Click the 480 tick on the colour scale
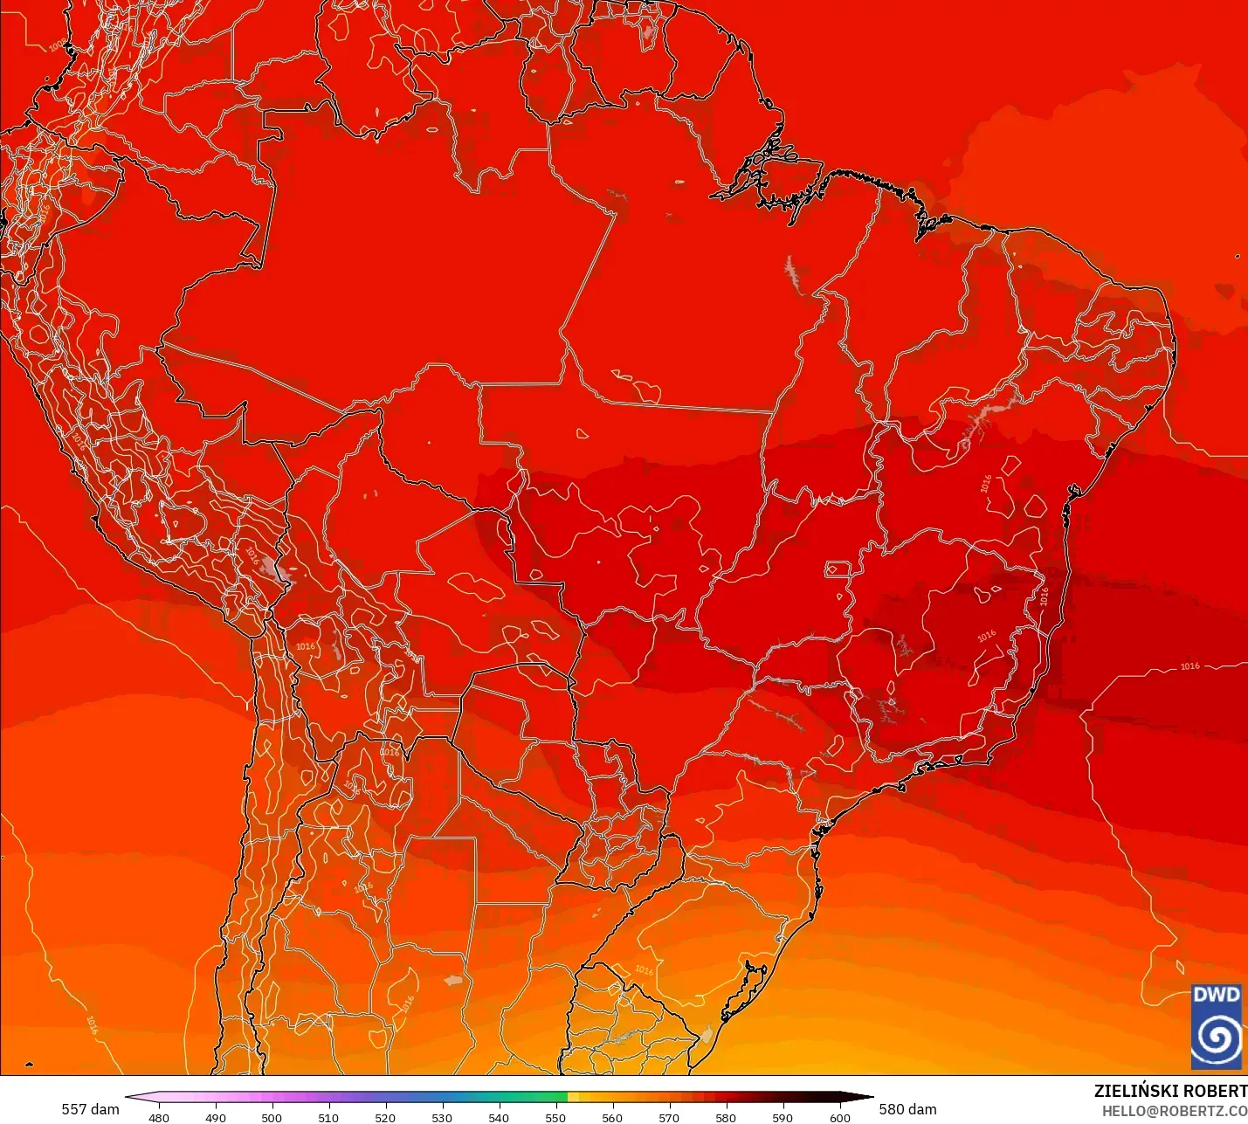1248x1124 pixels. click(x=159, y=1117)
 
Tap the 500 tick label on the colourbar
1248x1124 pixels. click(x=272, y=1117)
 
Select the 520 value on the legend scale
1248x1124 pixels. click(x=385, y=1117)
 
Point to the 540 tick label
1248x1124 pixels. click(x=499, y=1117)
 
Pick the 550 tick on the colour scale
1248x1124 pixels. click(x=555, y=1117)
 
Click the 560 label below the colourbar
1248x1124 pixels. click(x=612, y=1117)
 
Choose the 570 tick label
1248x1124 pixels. click(x=669, y=1117)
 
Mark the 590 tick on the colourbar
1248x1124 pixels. click(x=783, y=1117)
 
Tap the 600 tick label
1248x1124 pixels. click(x=839, y=1117)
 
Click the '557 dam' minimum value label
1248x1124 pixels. click(x=90, y=1109)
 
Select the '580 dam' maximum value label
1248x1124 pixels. click(x=907, y=1109)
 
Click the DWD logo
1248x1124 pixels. click(x=1216, y=1027)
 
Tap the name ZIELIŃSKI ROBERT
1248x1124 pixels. click(x=1170, y=1091)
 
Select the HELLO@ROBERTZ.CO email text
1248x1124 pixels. click(x=1174, y=1111)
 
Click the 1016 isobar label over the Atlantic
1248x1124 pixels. click(x=1189, y=666)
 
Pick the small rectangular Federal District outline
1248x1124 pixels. click(x=838, y=569)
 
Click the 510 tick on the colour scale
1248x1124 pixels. click(x=328, y=1117)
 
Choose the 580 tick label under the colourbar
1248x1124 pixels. click(x=726, y=1117)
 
